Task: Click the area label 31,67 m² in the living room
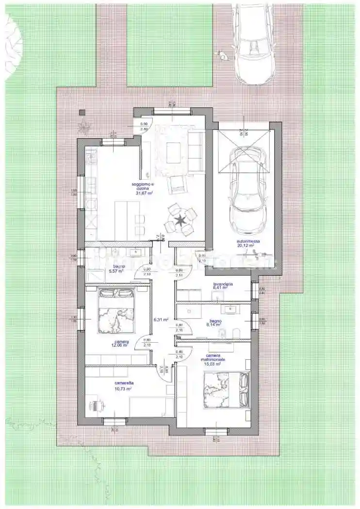coord(145,192)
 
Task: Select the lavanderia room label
coord(223,284)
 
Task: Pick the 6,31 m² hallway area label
coord(161,320)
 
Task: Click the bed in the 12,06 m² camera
coord(116,311)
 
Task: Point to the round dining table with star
coord(180,222)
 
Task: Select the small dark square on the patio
coord(82,112)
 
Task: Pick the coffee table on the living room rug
coord(173,154)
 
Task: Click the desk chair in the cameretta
coord(98,404)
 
